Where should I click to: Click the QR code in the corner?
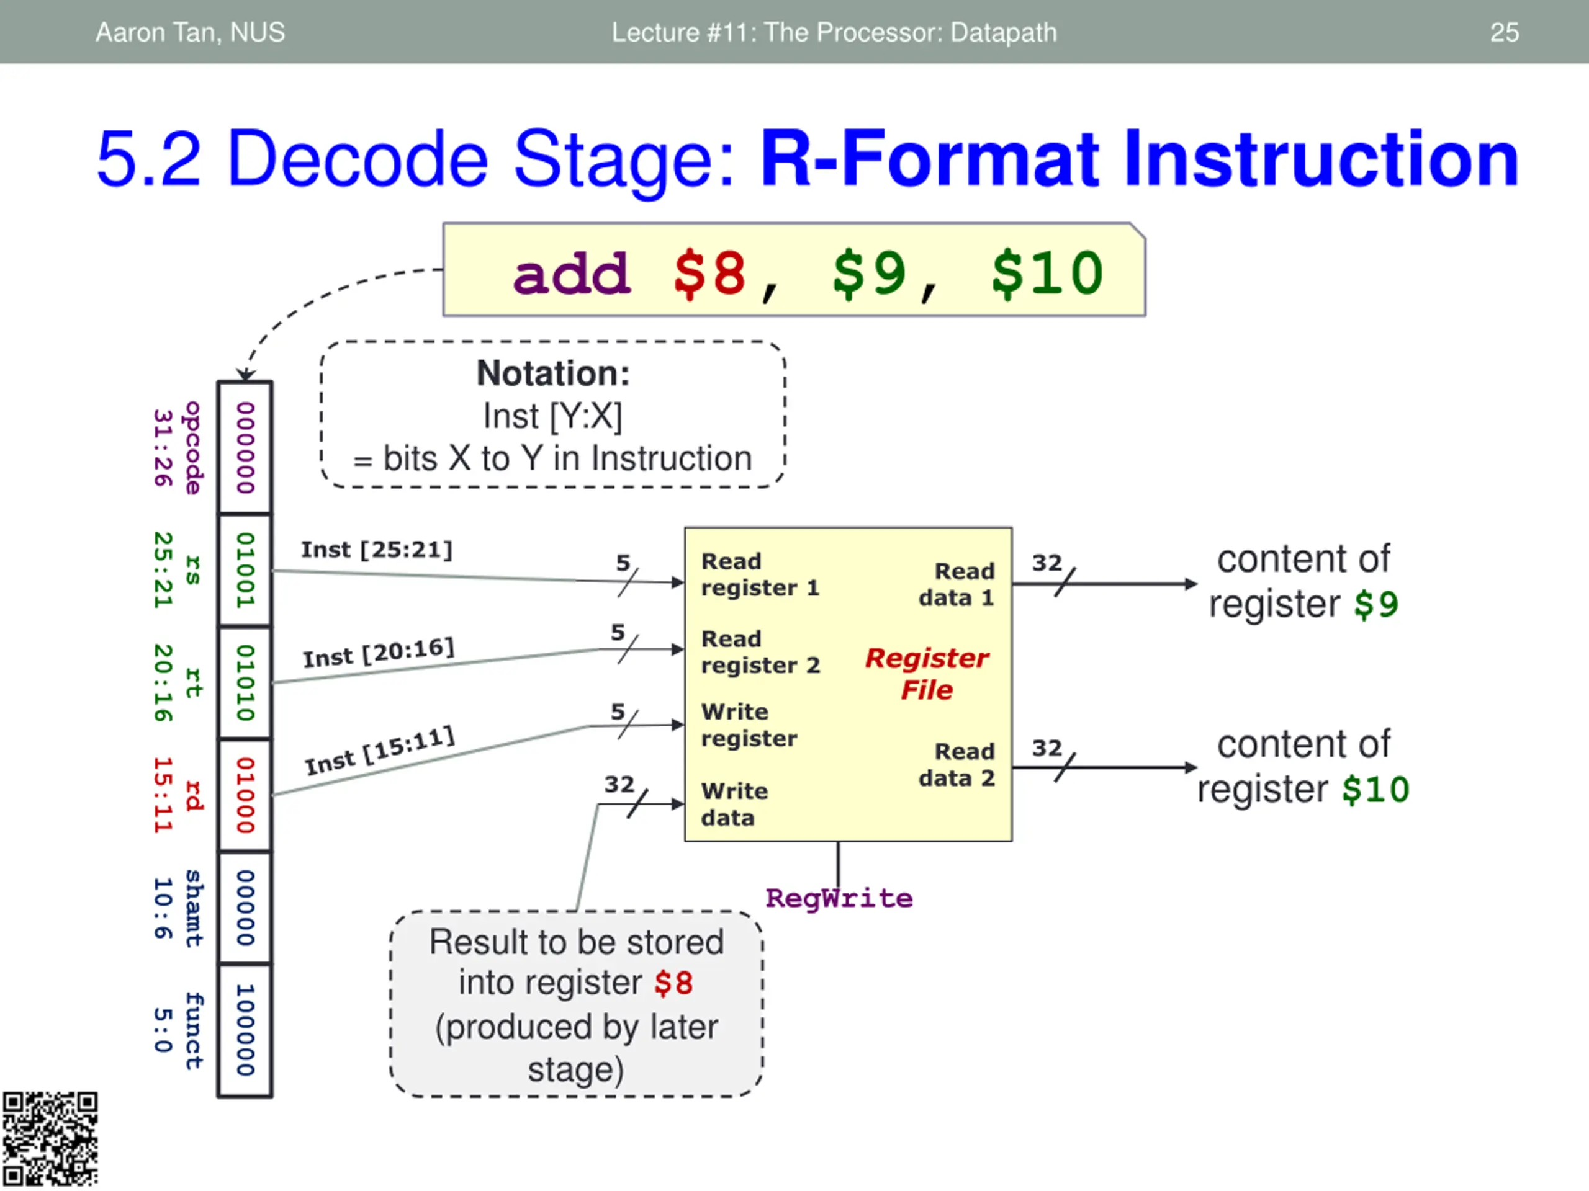50,1140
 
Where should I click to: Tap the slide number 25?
1504,32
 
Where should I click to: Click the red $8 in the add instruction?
709,274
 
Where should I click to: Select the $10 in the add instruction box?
1047,274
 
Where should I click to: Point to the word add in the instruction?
572,275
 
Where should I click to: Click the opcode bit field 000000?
246,448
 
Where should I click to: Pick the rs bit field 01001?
246,570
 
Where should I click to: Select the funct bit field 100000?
246,1030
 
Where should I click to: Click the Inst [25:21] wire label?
376,550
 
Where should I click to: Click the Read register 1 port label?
759,574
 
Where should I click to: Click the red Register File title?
927,674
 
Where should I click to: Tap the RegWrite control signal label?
839,898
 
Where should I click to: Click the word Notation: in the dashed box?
553,373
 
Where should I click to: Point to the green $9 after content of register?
1376,604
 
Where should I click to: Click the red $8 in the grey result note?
673,983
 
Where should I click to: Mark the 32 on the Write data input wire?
618,784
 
